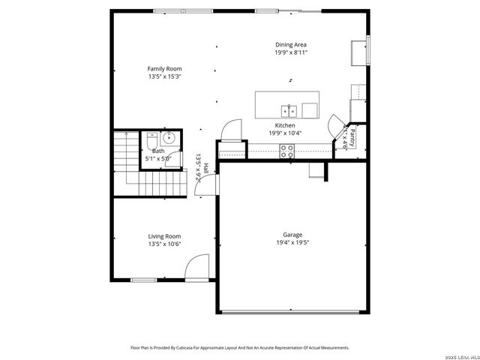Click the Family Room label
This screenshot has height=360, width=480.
click(164, 69)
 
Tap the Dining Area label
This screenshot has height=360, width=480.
click(290, 45)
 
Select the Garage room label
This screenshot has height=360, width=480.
click(292, 235)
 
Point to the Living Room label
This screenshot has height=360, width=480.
click(164, 236)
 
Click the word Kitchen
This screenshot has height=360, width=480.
click(285, 125)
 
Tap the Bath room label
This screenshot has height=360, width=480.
click(157, 151)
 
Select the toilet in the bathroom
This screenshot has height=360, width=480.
click(151, 139)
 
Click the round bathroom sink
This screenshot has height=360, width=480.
click(169, 137)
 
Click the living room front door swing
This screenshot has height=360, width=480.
click(197, 267)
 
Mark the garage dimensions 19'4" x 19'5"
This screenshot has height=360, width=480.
click(292, 243)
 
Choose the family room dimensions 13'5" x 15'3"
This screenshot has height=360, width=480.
click(164, 76)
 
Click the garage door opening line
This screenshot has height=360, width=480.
click(295, 311)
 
